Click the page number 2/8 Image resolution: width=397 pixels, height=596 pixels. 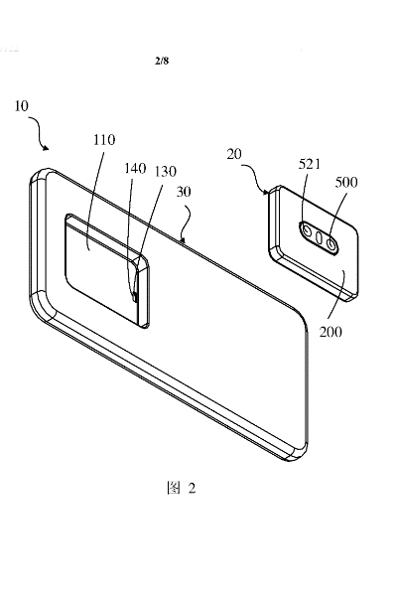[163, 62]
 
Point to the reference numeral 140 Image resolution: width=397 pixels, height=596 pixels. [136, 170]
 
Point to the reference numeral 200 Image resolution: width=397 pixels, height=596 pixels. [331, 331]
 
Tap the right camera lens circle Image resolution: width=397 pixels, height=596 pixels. [331, 239]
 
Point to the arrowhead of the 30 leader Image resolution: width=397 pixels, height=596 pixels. [184, 239]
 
